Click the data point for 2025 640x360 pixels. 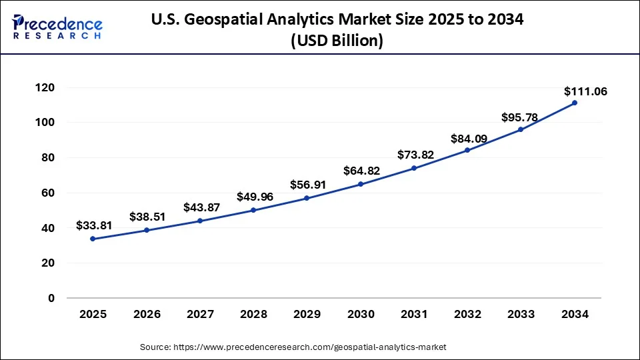click(x=93, y=239)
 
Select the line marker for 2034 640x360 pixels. click(x=575, y=103)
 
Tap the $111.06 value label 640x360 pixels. click(x=585, y=91)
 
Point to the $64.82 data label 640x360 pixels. click(x=361, y=171)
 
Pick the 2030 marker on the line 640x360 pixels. click(x=361, y=184)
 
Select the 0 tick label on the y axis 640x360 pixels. click(x=51, y=298)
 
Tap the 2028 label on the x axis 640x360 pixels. click(x=253, y=315)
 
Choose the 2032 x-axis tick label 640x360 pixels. click(x=467, y=315)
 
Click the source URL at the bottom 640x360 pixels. click(x=309, y=347)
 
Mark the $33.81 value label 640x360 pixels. click(x=94, y=225)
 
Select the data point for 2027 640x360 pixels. click(x=200, y=221)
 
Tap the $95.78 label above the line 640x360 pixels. click(x=519, y=117)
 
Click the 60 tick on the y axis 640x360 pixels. click(x=47, y=193)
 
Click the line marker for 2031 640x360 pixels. click(x=414, y=168)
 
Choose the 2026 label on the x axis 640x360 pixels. click(x=146, y=315)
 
